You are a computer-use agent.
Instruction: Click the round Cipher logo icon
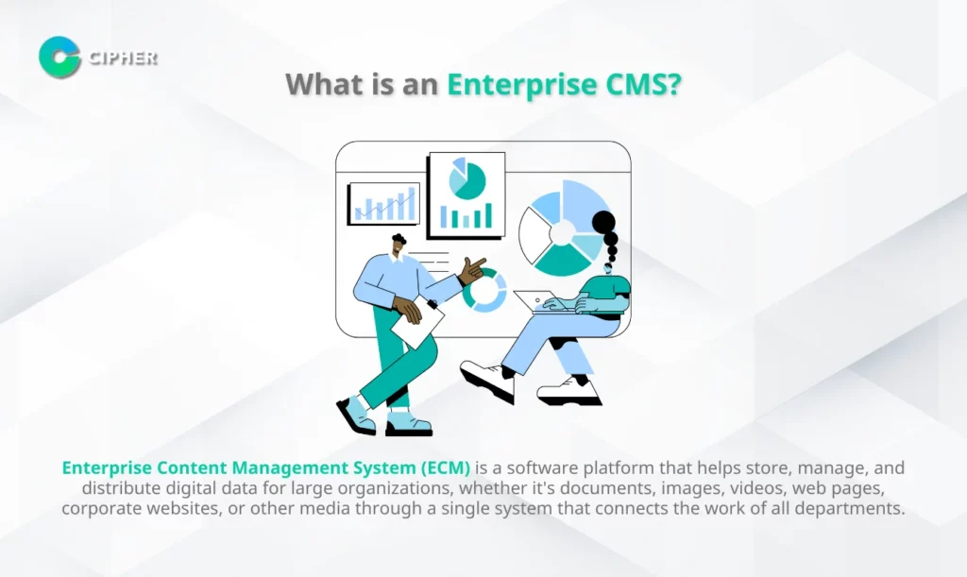[59, 58]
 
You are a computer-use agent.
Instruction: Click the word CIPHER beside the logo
[123, 58]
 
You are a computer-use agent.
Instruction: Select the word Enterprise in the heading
[521, 84]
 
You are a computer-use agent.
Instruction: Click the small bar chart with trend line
[384, 203]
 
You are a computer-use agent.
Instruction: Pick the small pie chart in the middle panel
[467, 178]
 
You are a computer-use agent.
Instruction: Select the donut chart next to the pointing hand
[484, 291]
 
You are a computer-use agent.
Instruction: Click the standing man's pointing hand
[473, 270]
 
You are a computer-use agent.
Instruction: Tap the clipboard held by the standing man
[418, 320]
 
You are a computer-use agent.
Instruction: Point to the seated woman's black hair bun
[603, 221]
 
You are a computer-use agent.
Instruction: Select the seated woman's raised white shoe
[487, 380]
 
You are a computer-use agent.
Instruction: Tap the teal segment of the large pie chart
[562, 260]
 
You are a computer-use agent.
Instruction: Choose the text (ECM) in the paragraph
[446, 467]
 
